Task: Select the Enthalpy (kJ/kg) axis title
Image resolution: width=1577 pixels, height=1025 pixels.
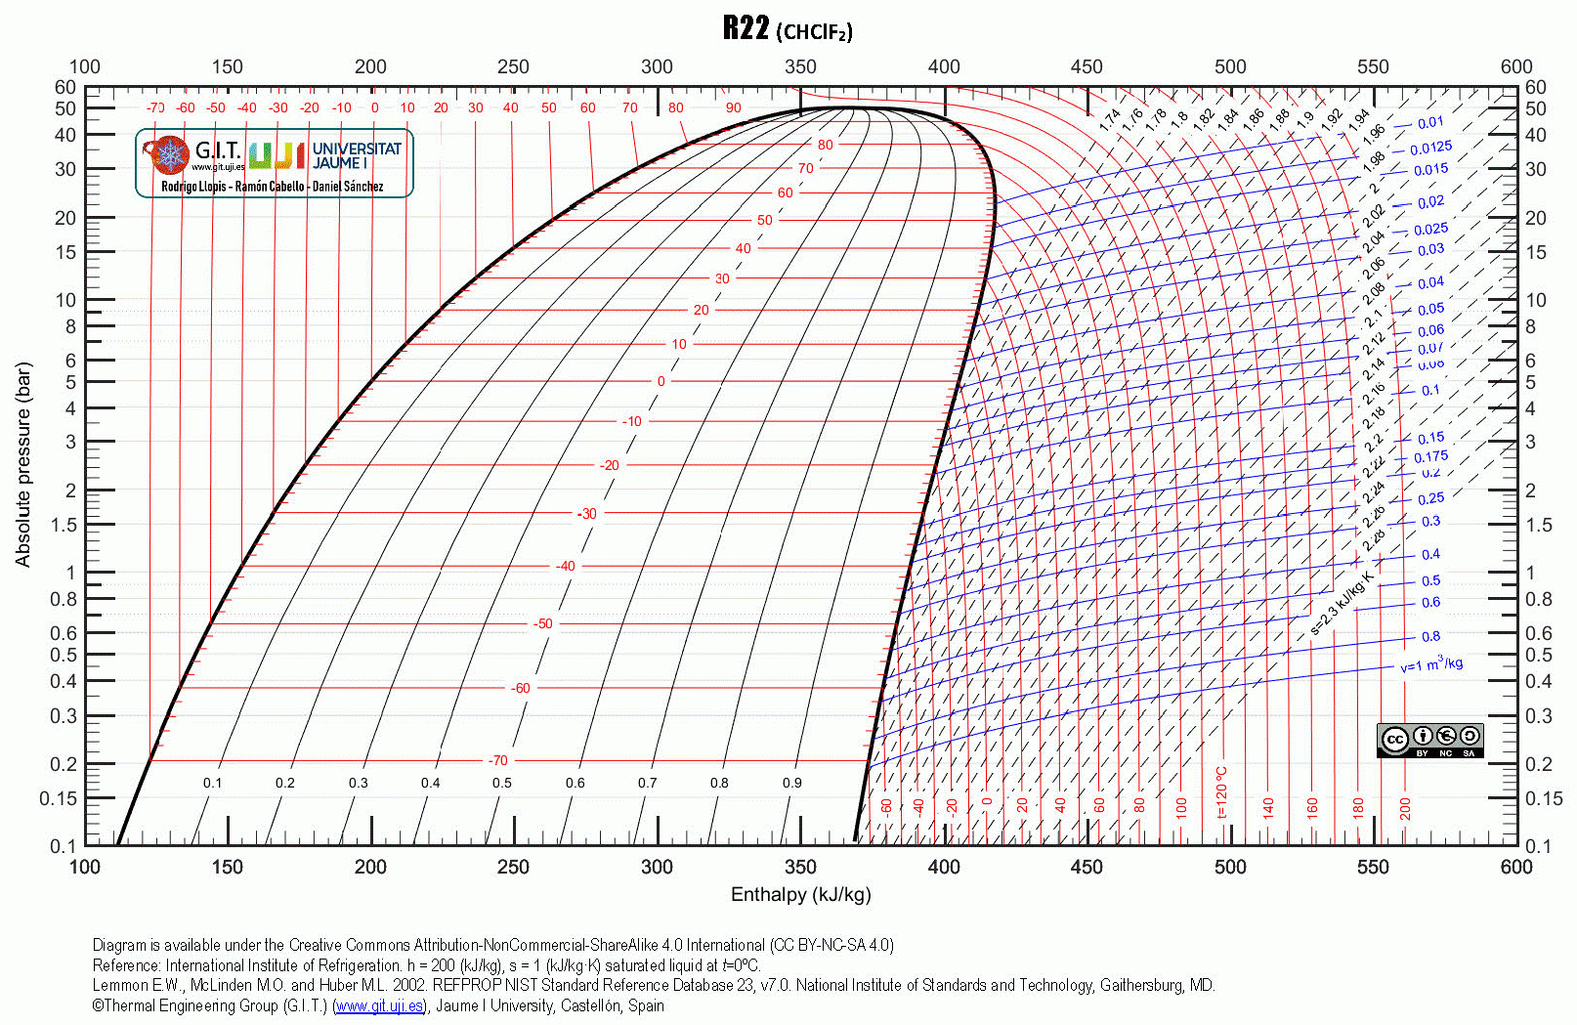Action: [800, 894]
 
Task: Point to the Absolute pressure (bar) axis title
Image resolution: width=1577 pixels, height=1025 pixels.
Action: [23, 464]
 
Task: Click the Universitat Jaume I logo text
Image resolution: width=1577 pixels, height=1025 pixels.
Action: [357, 155]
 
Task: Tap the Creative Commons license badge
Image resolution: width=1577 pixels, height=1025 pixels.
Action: [1429, 740]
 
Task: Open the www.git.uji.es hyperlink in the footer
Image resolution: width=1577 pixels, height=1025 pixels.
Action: [378, 1005]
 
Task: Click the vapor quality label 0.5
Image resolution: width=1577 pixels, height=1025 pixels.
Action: [501, 783]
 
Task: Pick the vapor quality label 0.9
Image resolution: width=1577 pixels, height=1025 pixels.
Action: [791, 783]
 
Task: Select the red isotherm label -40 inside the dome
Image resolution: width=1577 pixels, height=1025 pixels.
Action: [565, 566]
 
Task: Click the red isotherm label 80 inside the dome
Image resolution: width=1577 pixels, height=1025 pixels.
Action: [826, 145]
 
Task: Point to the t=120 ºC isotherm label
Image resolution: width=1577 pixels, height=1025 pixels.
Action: [1220, 792]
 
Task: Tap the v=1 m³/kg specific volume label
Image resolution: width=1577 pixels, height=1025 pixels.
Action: [1431, 665]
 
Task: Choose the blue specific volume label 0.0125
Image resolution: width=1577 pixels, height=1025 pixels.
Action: [1430, 148]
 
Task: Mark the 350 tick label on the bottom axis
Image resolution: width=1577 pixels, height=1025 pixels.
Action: [800, 867]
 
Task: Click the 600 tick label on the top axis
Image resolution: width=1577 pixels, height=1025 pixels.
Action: [1516, 66]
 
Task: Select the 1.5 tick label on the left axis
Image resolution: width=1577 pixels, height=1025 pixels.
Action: [64, 525]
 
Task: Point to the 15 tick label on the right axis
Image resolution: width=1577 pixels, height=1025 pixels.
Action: [1536, 252]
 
